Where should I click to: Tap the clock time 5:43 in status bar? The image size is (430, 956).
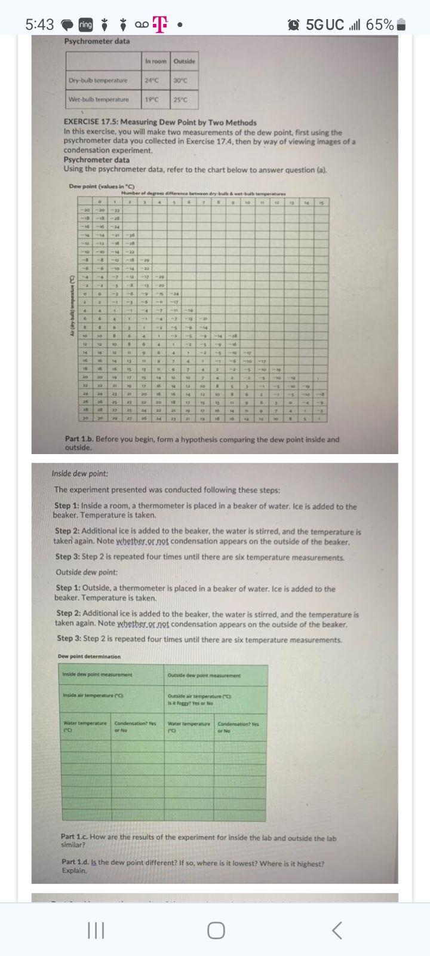click(40, 24)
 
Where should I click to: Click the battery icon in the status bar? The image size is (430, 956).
click(402, 24)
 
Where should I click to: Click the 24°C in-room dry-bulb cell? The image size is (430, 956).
click(152, 80)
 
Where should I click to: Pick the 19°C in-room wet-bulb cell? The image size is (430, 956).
click(152, 99)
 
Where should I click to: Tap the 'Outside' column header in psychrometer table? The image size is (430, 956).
click(185, 62)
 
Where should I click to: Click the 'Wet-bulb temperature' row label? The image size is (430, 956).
click(99, 99)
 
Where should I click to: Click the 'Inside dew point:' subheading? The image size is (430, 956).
click(80, 474)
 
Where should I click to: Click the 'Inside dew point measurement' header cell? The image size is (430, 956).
click(97, 675)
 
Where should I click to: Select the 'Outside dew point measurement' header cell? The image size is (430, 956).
click(204, 675)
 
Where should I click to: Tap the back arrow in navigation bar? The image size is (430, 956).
click(337, 930)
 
